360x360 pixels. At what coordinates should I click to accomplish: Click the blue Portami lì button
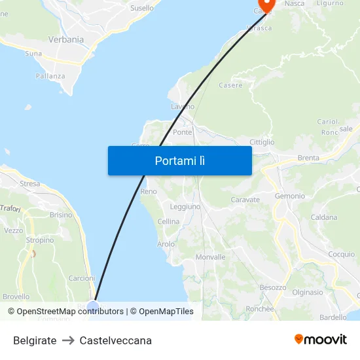179,160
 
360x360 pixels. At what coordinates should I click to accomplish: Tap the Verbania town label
66,39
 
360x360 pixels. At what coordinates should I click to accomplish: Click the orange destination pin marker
264,5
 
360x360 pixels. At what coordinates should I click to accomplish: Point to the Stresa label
30,184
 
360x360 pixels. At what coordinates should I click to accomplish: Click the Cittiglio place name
262,142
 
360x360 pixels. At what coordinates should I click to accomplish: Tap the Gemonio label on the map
289,196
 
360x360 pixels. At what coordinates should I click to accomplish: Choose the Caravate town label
245,200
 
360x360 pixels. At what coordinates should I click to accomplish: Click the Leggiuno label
185,206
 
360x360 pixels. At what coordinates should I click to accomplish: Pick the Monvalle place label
210,257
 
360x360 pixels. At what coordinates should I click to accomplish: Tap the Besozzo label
273,287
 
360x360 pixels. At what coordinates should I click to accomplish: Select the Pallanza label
50,76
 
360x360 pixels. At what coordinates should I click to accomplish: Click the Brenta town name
308,158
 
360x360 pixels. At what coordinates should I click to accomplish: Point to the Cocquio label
341,254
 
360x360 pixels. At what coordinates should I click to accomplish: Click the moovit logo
320,340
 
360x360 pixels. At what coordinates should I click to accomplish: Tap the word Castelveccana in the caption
116,340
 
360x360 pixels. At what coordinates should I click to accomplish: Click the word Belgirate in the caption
35,340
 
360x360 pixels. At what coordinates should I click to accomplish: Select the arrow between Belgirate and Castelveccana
68,340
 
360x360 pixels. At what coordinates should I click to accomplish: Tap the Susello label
142,9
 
